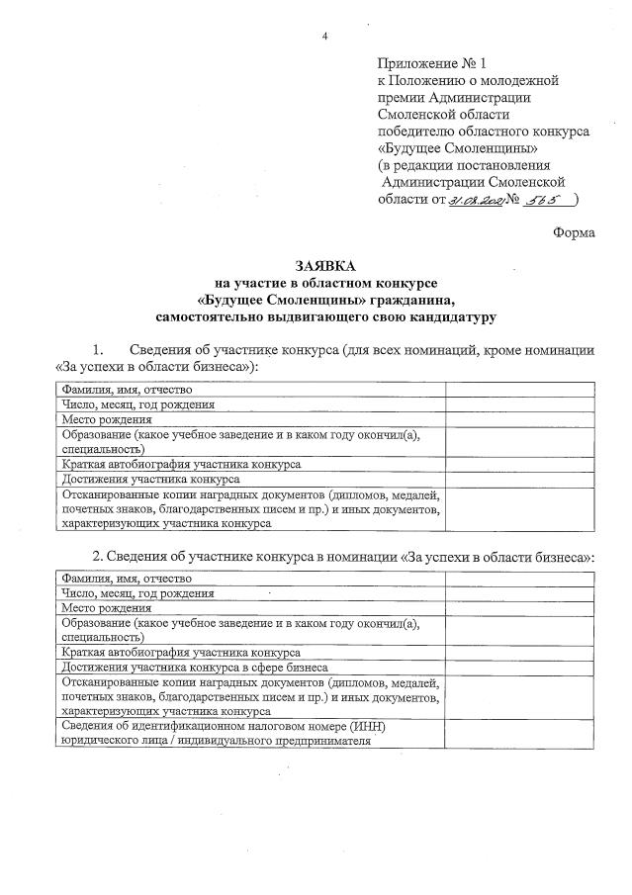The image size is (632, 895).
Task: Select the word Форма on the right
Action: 574,233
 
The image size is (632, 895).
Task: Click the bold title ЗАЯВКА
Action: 323,267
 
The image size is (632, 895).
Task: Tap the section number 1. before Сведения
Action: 97,350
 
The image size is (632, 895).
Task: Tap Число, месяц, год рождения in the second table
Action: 137,593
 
